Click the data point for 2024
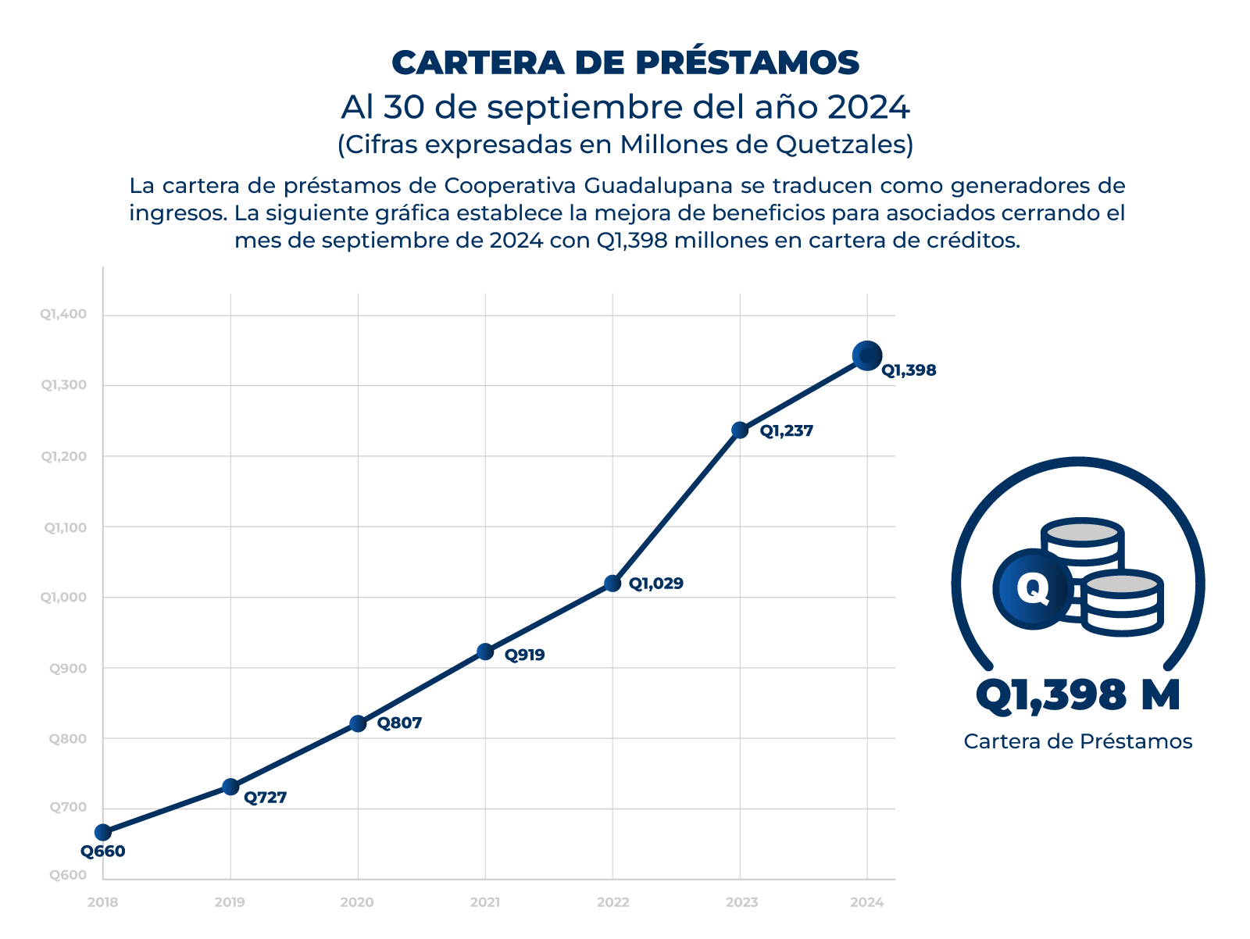[x=866, y=356]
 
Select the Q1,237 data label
[x=787, y=430]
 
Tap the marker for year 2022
[x=612, y=584]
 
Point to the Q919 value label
[x=524, y=655]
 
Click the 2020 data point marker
[x=358, y=723]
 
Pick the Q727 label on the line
[x=266, y=798]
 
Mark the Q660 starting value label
[x=103, y=852]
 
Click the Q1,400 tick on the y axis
[x=64, y=314]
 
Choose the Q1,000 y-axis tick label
[x=64, y=597]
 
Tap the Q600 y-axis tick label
[x=69, y=875]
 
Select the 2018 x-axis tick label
[x=103, y=902]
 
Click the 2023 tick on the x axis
[x=741, y=902]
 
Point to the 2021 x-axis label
[x=485, y=902]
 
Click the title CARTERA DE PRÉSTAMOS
[x=625, y=62]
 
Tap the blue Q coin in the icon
[x=1033, y=588]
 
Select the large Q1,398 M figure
[x=1078, y=694]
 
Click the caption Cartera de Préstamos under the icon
[x=1078, y=741]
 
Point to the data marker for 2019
[x=230, y=787]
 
